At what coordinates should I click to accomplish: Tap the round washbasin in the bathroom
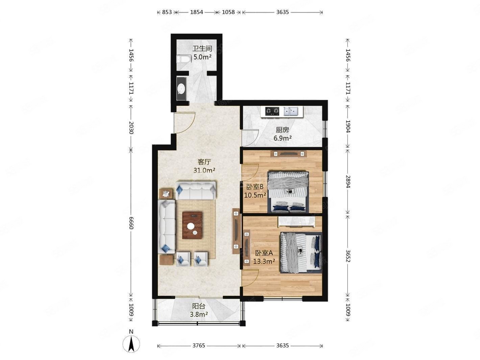coord(182,89)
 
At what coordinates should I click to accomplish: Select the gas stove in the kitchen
coord(272,111)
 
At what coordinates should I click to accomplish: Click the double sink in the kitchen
coord(291,111)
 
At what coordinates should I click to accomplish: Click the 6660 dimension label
coord(131,223)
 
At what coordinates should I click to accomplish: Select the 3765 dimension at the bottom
coord(198,345)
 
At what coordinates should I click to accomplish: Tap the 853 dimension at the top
coord(167,12)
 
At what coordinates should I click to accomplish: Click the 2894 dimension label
coord(347,182)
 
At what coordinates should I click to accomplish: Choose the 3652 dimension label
coord(347,256)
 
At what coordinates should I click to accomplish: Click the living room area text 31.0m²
coord(204,170)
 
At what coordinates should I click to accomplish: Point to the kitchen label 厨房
coord(282,130)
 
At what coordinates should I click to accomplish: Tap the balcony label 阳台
coord(198,306)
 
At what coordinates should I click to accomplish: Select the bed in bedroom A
coord(301,253)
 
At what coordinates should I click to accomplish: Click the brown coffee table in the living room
coord(192,225)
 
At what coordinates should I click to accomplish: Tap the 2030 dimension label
coord(131,128)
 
